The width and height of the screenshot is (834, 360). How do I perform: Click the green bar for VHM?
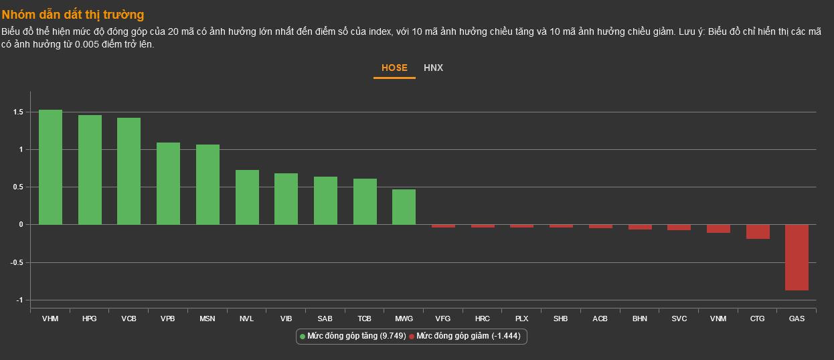click(50, 167)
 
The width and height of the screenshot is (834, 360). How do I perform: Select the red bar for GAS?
click(797, 257)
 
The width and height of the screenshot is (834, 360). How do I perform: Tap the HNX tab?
click(433, 68)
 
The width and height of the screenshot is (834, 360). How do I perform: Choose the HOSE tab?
click(394, 68)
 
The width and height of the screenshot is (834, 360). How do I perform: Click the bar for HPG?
click(90, 170)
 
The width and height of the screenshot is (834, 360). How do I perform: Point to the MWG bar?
click(404, 207)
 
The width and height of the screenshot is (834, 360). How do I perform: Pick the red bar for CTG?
click(758, 232)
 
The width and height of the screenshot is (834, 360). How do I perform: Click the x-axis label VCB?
click(129, 319)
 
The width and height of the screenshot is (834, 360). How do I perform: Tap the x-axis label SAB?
click(325, 319)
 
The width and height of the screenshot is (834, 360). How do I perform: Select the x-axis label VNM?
click(718, 319)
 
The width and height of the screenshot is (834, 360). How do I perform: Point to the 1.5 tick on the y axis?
click(17, 112)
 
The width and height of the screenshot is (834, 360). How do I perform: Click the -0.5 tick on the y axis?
click(16, 262)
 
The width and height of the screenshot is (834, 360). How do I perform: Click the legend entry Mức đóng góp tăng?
click(353, 336)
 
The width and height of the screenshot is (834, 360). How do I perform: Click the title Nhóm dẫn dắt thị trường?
click(73, 14)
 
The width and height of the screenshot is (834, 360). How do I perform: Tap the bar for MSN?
click(207, 185)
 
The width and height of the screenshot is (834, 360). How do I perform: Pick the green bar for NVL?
click(247, 197)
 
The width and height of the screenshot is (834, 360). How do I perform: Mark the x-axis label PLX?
click(521, 319)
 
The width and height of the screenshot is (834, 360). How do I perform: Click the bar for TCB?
click(365, 201)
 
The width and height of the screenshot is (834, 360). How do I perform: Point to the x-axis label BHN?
click(639, 319)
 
